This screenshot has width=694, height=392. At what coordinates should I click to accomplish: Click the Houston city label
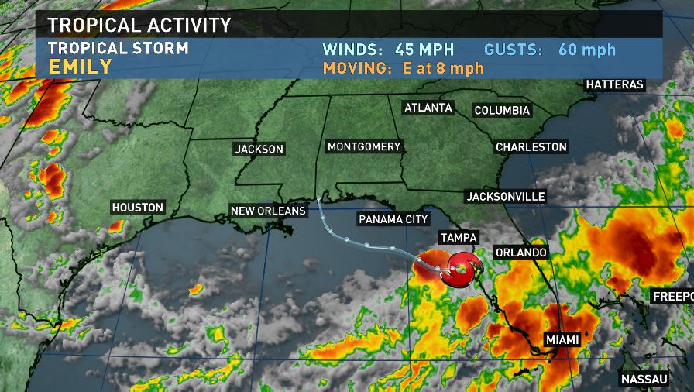[x=138, y=208]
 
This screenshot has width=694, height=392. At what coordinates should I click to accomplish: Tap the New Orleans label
[x=268, y=211]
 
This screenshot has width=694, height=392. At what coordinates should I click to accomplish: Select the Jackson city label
[x=259, y=149]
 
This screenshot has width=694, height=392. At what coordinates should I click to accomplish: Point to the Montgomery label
[x=364, y=146]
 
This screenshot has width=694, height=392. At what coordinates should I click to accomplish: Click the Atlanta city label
[x=428, y=108]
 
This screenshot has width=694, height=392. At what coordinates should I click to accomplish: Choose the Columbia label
[x=502, y=111]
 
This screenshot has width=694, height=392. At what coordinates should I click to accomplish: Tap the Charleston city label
[x=531, y=146]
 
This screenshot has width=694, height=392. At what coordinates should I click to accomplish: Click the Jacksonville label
[x=506, y=196]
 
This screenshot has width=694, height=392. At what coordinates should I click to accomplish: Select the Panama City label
[x=393, y=219]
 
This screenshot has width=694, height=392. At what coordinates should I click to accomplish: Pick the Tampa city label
[x=459, y=238]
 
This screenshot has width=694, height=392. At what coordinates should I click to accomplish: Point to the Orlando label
[x=521, y=253]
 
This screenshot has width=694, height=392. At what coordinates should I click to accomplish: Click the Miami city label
[x=562, y=340]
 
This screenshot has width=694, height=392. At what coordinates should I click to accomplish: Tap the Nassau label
[x=644, y=379]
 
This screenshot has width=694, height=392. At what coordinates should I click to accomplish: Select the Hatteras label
[x=615, y=84]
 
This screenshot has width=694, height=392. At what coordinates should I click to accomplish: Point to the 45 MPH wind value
[x=424, y=50]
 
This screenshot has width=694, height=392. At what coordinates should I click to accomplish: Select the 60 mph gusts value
[x=586, y=50]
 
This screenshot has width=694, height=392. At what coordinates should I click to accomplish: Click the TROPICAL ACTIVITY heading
[x=139, y=25]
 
